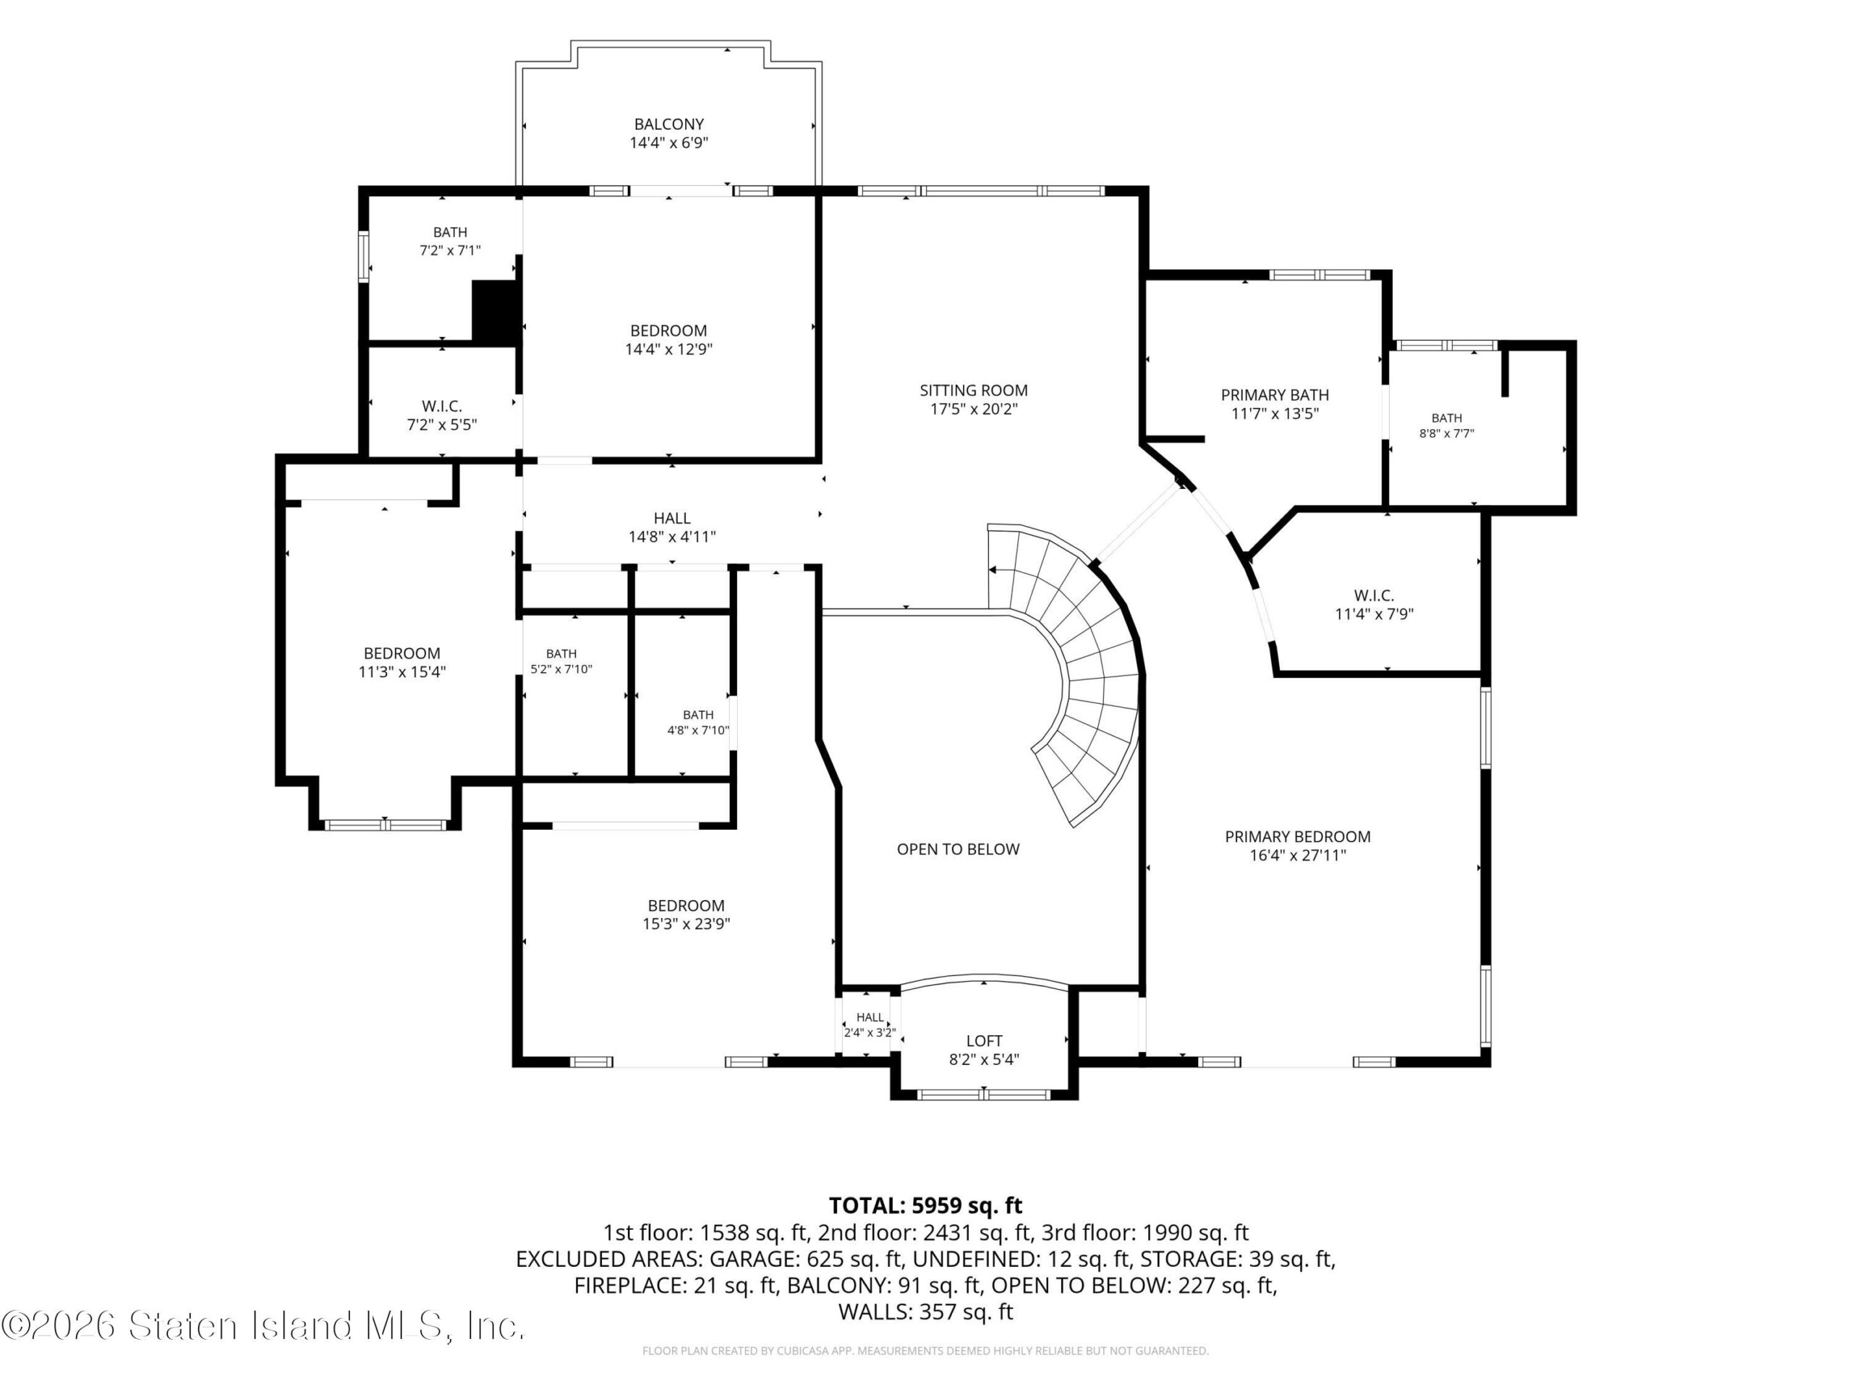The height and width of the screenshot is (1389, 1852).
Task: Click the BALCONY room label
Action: tap(668, 124)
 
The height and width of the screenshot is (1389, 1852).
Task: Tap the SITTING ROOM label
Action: tap(974, 390)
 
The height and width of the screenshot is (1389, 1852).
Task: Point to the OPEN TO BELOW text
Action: tap(958, 849)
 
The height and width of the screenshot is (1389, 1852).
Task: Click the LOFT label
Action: tap(984, 1041)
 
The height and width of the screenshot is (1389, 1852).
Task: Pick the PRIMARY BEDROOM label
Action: tap(1298, 836)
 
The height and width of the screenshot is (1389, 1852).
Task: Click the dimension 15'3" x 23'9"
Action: tap(686, 924)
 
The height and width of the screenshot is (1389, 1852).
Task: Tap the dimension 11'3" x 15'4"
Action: tap(402, 671)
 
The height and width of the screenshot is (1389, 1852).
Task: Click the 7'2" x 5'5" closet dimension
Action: tap(442, 425)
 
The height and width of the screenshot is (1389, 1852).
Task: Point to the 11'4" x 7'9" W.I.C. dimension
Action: tap(1374, 613)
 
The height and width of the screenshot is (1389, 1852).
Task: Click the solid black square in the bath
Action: tap(496, 312)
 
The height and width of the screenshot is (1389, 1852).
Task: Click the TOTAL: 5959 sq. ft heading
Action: tap(925, 1206)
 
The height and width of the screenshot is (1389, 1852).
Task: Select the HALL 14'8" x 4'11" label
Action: tap(672, 527)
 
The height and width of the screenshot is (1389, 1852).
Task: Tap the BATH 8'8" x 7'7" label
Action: tap(1447, 425)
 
